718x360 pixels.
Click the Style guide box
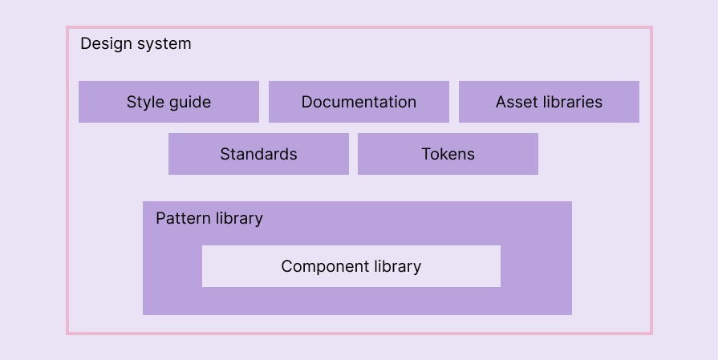(x=168, y=102)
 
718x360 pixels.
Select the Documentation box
(x=359, y=102)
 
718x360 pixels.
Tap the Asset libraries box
(x=549, y=102)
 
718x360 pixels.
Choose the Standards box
(x=258, y=154)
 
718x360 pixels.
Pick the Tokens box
(x=448, y=154)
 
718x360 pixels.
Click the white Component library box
(x=351, y=266)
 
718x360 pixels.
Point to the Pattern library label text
(x=209, y=218)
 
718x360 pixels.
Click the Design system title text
(x=136, y=43)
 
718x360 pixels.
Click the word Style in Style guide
(x=145, y=102)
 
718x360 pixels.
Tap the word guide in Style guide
(x=190, y=103)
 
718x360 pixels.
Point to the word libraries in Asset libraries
(x=571, y=102)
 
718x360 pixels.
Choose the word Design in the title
(x=105, y=43)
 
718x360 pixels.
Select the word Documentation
(x=359, y=102)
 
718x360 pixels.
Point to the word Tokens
(x=448, y=154)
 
